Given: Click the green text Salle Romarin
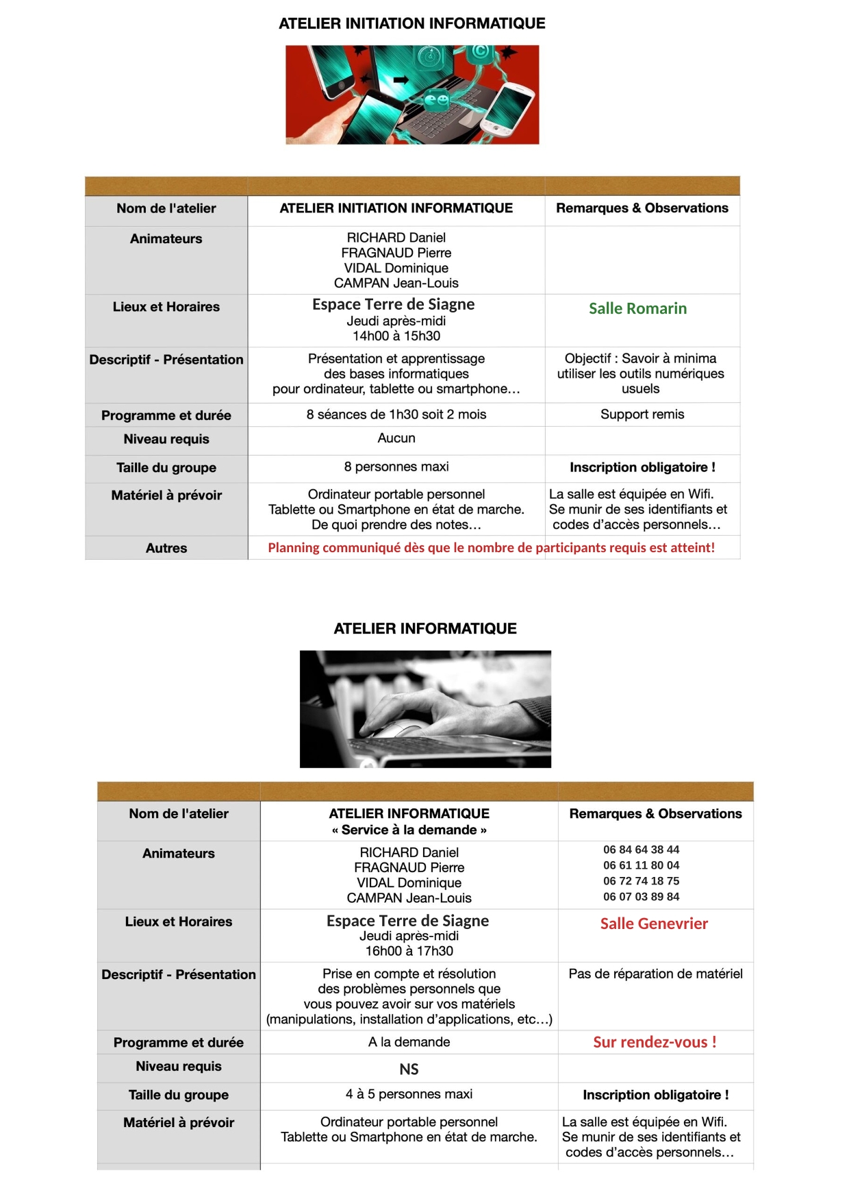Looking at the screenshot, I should [637, 308].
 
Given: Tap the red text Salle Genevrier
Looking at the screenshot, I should [654, 924].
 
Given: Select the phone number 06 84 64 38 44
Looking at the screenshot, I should [641, 850].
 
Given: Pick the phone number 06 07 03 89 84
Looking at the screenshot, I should [641, 897].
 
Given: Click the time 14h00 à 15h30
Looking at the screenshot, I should [396, 336].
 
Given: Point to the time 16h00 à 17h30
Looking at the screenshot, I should [409, 951].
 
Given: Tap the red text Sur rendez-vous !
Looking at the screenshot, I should [655, 1042].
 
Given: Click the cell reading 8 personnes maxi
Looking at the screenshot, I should [396, 467].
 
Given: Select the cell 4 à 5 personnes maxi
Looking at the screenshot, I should [409, 1094].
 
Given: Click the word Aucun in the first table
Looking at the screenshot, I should [396, 438].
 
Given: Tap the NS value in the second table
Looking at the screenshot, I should [409, 1069].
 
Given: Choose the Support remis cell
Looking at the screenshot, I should [642, 414].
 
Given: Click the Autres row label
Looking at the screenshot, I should [166, 548].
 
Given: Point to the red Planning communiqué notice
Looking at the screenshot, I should [491, 547].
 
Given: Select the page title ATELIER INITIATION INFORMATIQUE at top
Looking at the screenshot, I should [411, 23].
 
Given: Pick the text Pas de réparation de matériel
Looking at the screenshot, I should [655, 974].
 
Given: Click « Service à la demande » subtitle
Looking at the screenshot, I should [409, 830].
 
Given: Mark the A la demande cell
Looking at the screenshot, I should [409, 1042].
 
